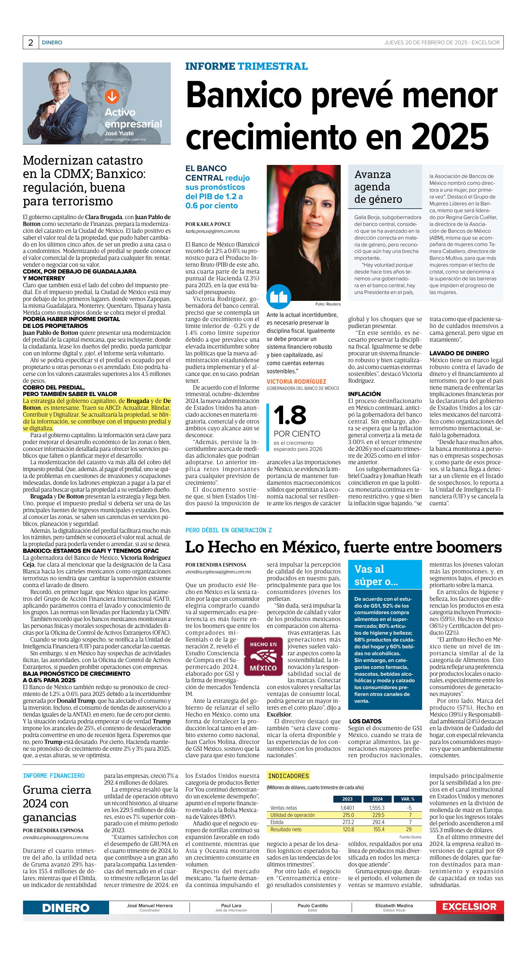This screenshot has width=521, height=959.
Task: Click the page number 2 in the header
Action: (31, 43)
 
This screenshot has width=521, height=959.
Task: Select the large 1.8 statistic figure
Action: (290, 415)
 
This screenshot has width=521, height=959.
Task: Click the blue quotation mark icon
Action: (278, 297)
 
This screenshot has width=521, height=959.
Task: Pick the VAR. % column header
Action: (408, 799)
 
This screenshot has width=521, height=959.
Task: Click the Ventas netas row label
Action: (284, 808)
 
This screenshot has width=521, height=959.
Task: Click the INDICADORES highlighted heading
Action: (288, 776)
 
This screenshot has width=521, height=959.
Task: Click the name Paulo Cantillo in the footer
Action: (312, 906)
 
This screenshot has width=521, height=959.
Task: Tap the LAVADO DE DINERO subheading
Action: (459, 353)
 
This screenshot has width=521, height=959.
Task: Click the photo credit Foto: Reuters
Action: (328, 304)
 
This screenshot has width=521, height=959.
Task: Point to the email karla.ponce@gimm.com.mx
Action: (212, 231)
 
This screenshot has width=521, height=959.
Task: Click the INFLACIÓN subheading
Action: (364, 394)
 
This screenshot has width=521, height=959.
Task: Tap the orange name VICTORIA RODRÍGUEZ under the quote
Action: (296, 382)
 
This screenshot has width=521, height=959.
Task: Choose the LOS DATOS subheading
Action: (365, 721)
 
